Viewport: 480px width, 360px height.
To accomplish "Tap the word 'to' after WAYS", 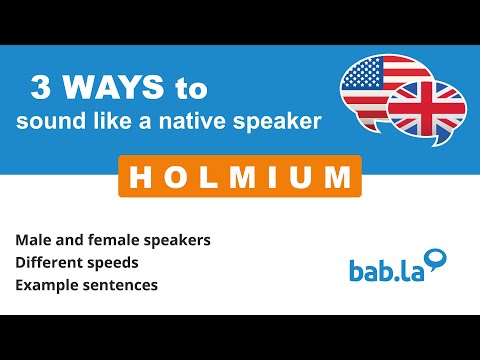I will click(190, 89).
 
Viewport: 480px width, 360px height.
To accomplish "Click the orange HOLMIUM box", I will click(240, 176).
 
